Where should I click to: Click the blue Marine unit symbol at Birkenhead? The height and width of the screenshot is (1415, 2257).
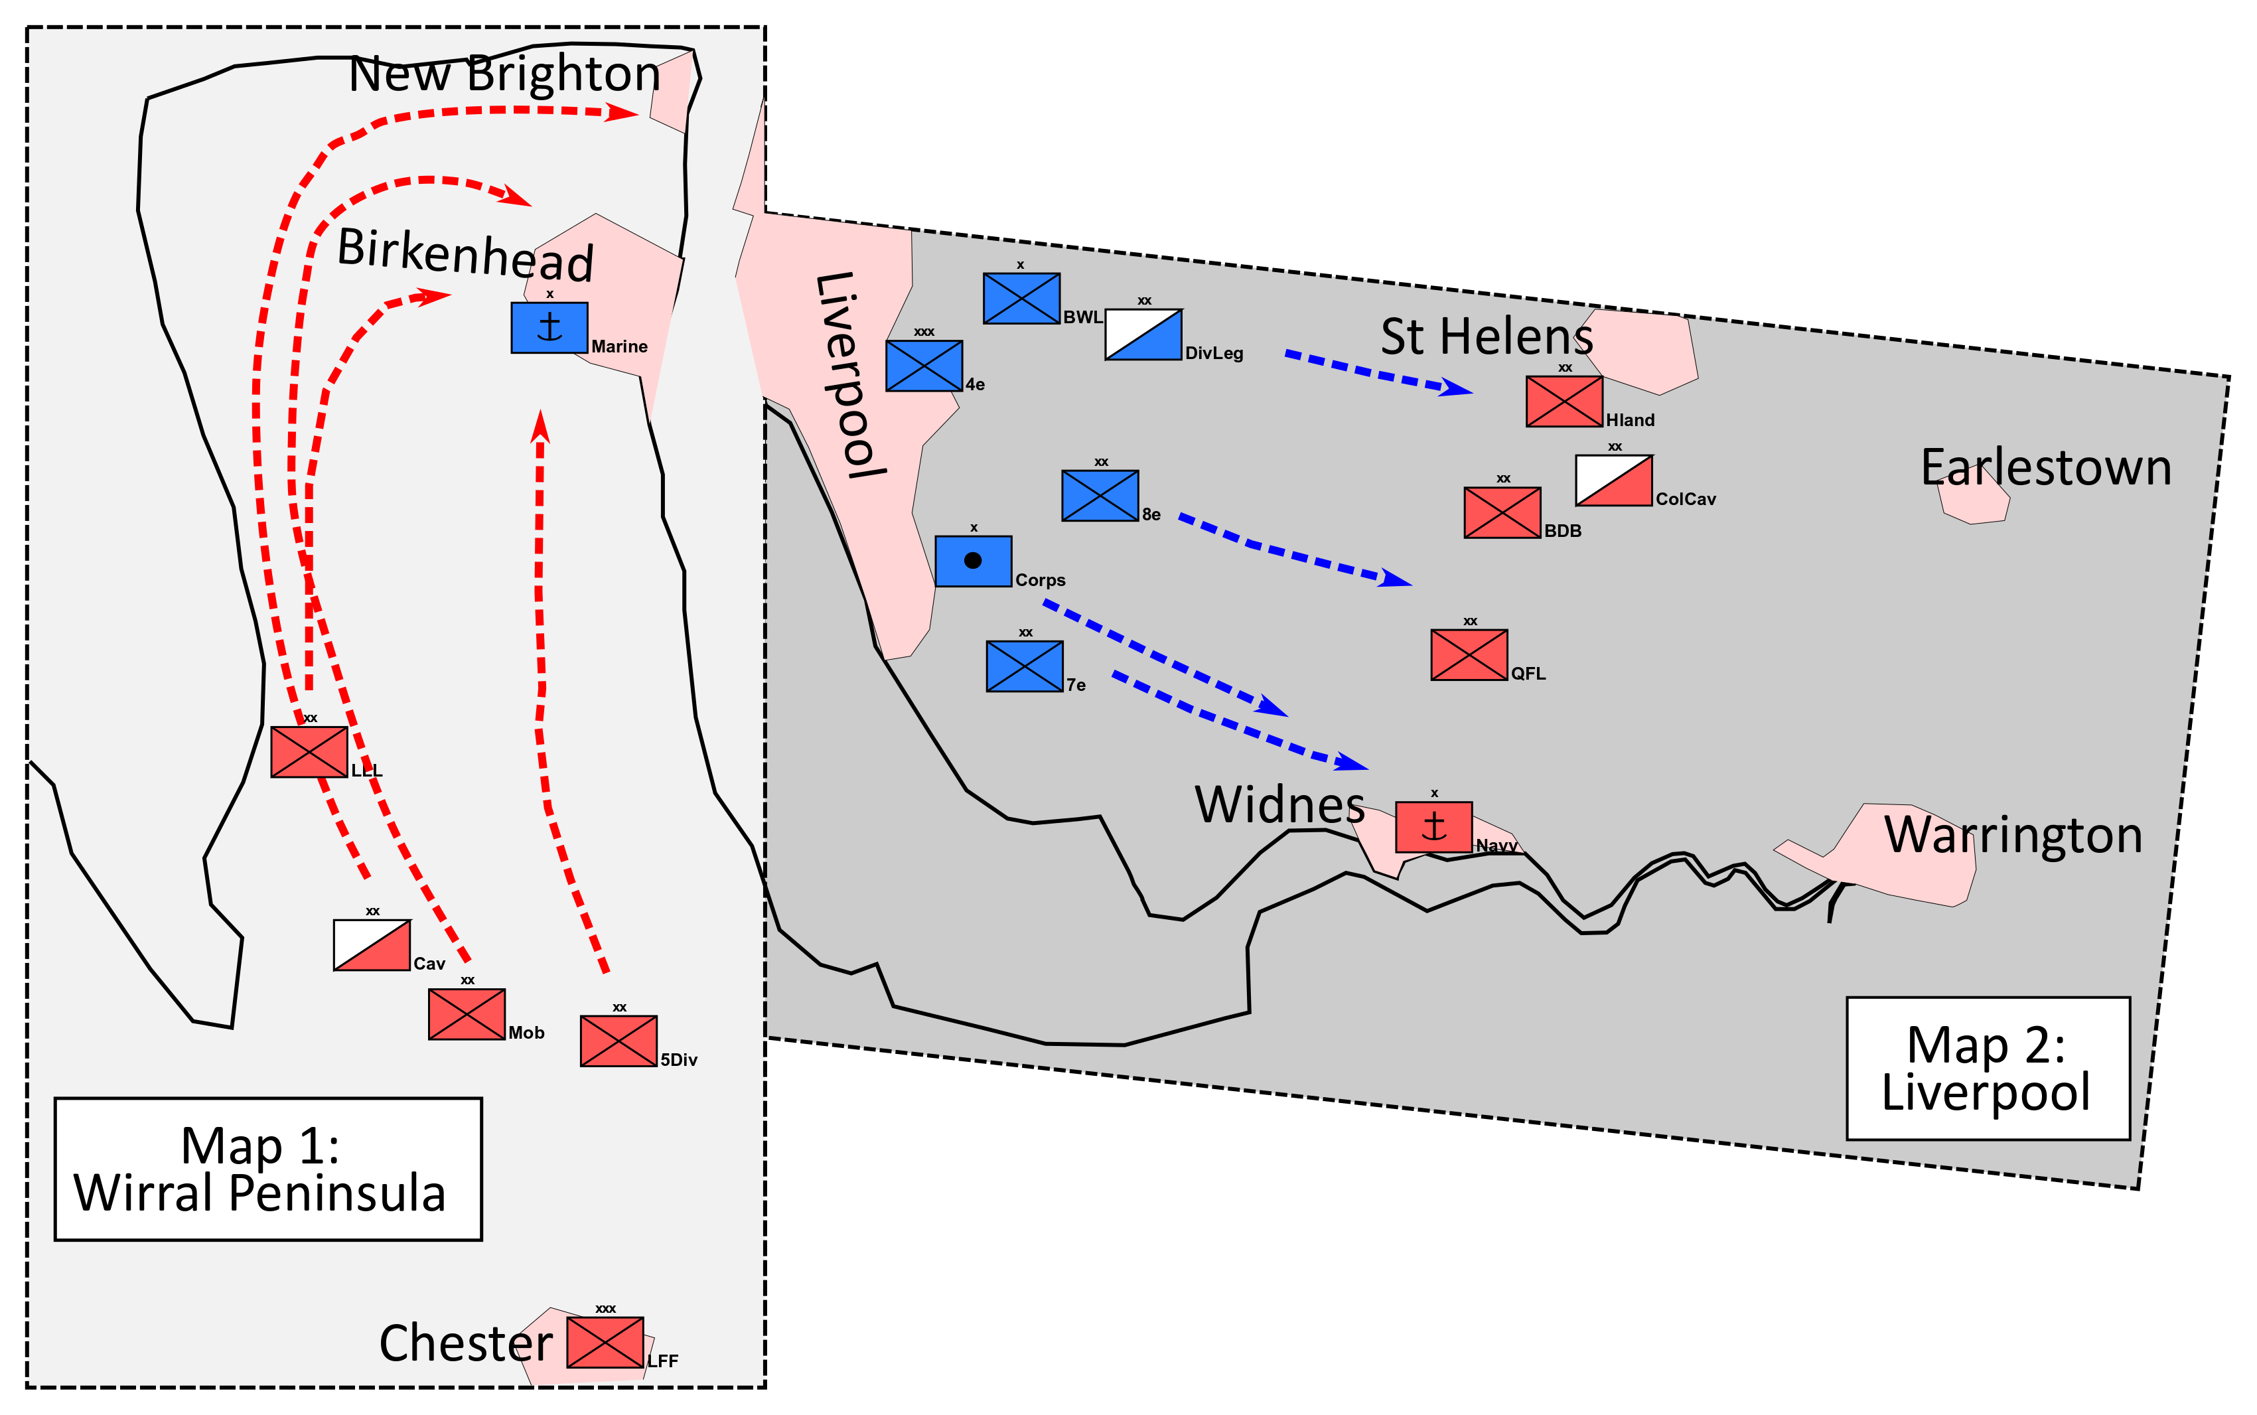pos(549,328)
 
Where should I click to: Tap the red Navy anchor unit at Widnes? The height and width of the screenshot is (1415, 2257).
pos(1433,827)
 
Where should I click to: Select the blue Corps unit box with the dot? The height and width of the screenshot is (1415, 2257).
pos(973,561)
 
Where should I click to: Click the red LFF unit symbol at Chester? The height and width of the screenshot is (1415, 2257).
pos(605,1342)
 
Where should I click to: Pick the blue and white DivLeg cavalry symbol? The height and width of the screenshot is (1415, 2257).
pos(1143,334)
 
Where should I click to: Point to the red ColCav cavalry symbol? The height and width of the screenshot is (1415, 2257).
pos(1613,480)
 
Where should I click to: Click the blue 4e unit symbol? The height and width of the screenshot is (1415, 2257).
pos(924,366)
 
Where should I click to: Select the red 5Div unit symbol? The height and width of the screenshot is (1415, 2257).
pos(619,1041)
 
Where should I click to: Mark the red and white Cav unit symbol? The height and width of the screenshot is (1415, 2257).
pos(372,945)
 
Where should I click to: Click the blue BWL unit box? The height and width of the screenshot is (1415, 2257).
pos(1021,299)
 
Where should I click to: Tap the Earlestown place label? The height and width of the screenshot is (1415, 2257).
pos(2045,467)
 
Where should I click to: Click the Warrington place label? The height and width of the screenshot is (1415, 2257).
pos(2013,835)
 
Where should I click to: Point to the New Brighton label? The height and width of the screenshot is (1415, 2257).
pos(504,73)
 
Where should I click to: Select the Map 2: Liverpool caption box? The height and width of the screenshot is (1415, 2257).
pos(1988,1068)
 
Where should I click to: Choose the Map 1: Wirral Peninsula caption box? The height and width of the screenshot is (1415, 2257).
pos(267,1169)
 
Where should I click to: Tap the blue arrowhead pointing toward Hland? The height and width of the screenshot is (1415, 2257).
pos(1456,388)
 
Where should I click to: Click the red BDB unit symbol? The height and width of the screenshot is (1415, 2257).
pos(1502,513)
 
